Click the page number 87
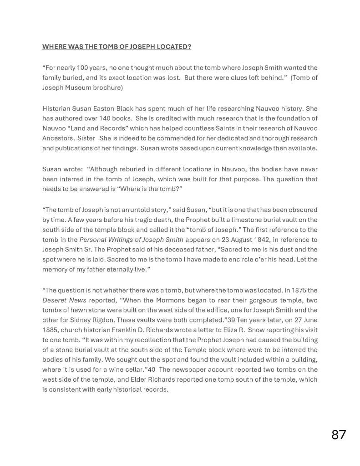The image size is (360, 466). tap(338, 435)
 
